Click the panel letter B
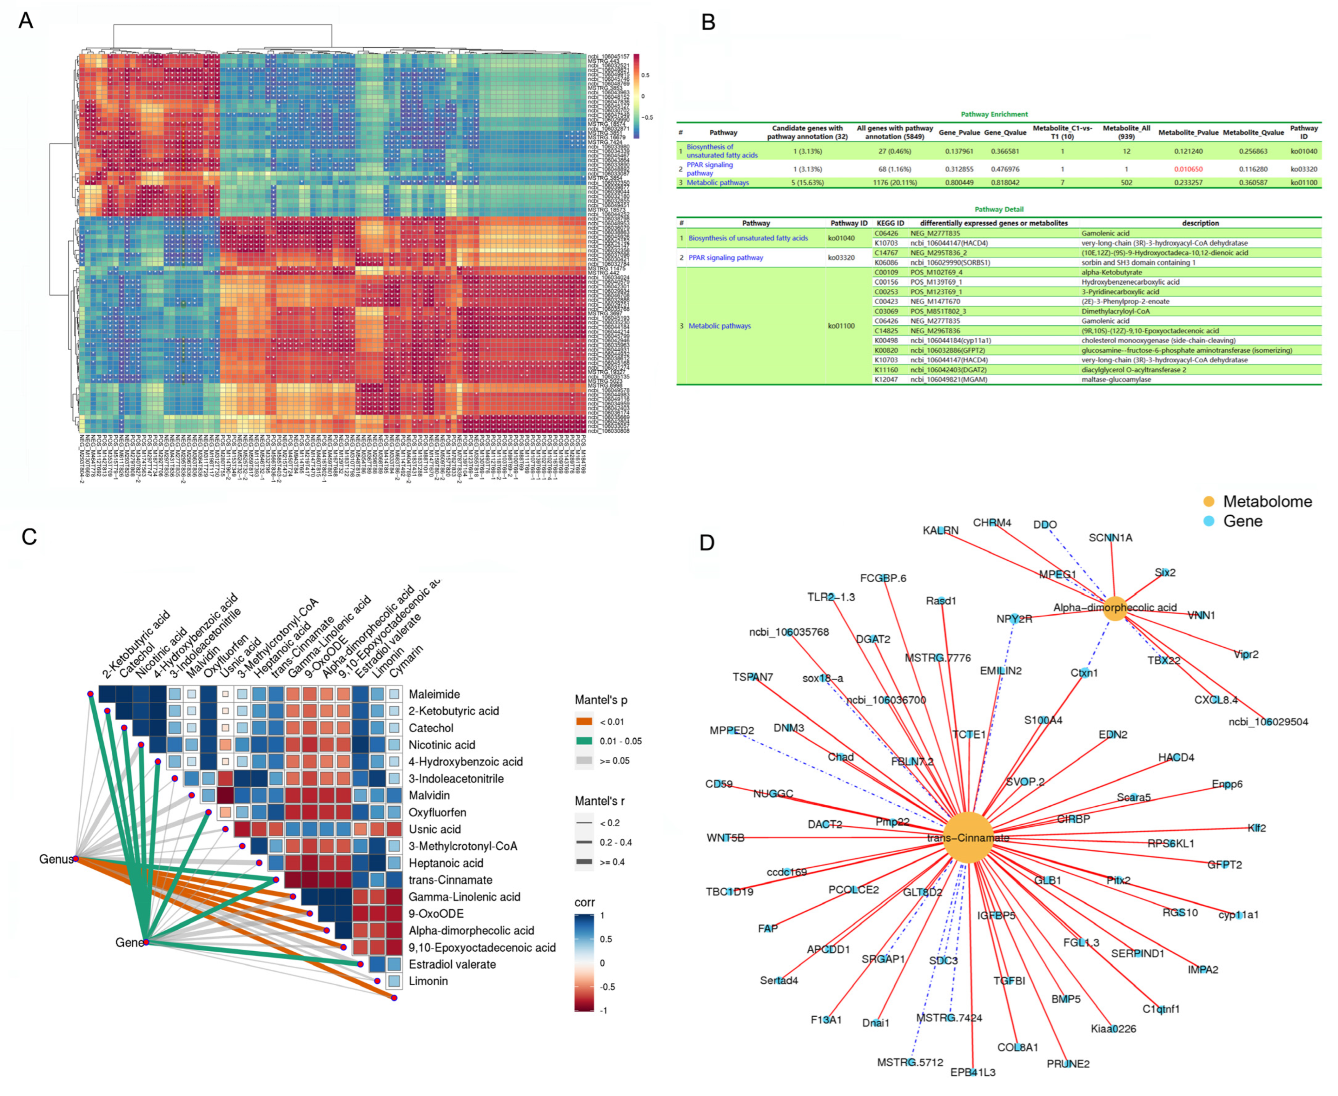tap(708, 23)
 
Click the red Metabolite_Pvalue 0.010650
tap(1188, 169)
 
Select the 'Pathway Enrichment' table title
tap(994, 114)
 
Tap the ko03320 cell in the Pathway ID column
tap(1303, 169)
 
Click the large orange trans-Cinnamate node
tap(967, 837)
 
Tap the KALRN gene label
tap(940, 530)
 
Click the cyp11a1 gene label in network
tap(1238, 915)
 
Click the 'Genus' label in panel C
tap(56, 859)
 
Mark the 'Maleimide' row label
tap(434, 694)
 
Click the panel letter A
tap(26, 21)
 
